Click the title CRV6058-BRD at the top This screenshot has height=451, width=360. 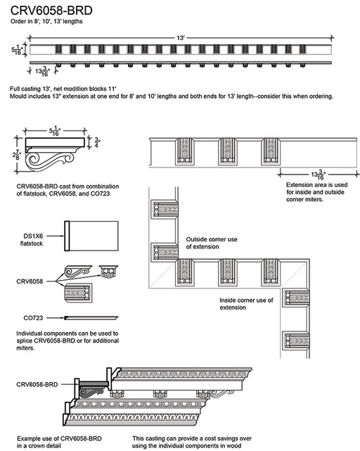coord(51,11)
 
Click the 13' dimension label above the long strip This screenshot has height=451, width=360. coord(181,38)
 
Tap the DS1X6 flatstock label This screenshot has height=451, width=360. coord(32,240)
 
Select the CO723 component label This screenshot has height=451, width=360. coord(33,318)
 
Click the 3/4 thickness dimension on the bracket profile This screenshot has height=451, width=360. coord(97,142)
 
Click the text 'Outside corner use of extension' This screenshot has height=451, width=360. coord(212,243)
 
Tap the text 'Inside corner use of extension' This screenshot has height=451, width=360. coord(246,304)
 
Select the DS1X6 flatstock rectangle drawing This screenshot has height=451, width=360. coord(91,236)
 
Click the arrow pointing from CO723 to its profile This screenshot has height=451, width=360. coord(56,318)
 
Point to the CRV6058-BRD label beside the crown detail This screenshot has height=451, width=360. coord(37,384)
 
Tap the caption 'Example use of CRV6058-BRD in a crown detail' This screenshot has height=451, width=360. coord(59,442)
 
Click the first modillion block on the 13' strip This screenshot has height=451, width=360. coord(58,49)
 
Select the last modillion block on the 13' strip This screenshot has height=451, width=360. coord(302,49)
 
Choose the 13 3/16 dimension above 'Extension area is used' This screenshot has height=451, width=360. coord(318,174)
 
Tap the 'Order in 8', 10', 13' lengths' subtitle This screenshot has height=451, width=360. coord(46,21)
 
